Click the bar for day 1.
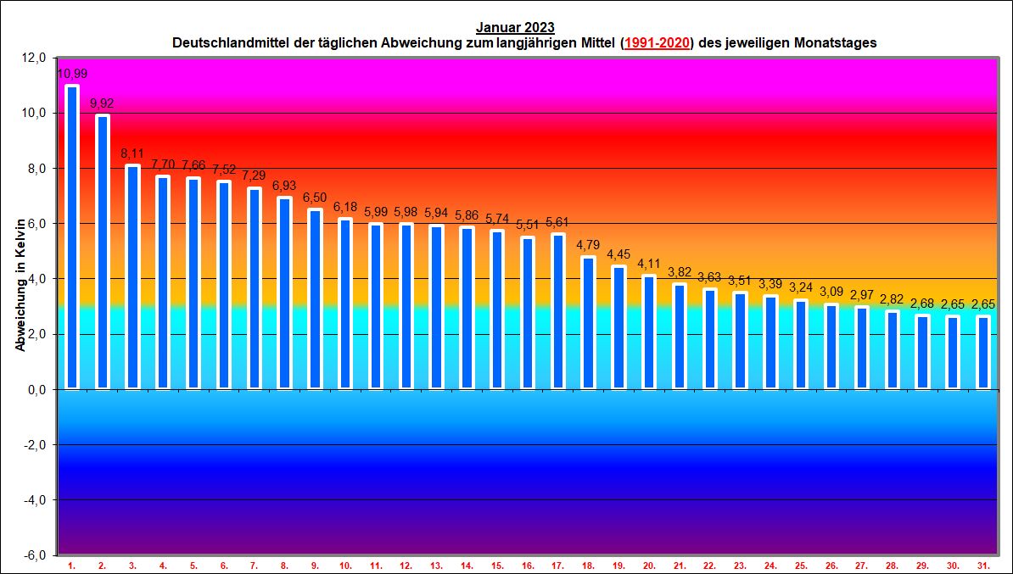coord(72,237)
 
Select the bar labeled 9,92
coord(103,252)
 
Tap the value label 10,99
coord(72,74)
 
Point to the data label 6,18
coord(345,208)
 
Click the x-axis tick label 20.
coord(649,565)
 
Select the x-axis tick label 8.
coord(284,565)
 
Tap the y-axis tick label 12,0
coord(34,58)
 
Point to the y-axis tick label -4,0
coord(34,500)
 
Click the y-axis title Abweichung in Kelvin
coord(20,284)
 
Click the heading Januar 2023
coord(515,28)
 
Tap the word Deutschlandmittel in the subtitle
coord(226,42)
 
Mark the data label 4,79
coord(588,246)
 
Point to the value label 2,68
coord(922,304)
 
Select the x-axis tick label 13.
coord(436,565)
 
